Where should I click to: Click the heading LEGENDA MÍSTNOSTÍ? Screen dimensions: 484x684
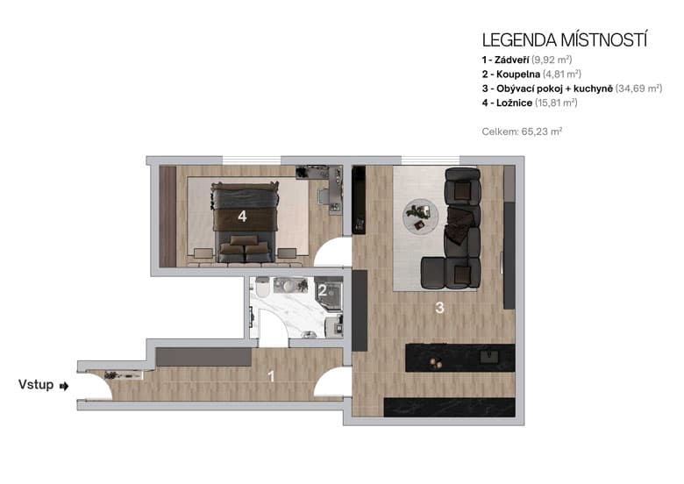coord(565,40)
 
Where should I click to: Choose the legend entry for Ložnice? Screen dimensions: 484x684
coord(530,103)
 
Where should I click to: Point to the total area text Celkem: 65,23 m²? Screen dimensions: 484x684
coord(522,132)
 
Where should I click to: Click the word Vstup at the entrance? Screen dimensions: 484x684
coord(36,385)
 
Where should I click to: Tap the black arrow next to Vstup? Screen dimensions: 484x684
coord(64,385)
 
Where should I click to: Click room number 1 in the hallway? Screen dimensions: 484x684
coord(271,377)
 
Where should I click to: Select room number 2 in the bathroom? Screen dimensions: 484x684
coord(322,290)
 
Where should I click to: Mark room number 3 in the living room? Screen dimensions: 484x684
coord(441,308)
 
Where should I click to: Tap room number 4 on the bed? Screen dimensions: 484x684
coord(242,216)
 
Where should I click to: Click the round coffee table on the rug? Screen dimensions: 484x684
coord(421,214)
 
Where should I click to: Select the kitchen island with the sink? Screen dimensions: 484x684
coord(460,357)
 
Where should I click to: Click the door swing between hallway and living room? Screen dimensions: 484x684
coord(334,383)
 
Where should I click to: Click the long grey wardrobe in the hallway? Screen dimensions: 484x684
coord(203,357)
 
